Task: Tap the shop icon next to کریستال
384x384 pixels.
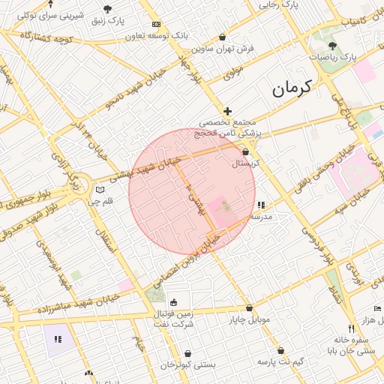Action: [245, 151]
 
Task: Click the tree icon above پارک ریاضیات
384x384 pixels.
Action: [332, 46]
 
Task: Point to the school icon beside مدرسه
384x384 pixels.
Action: [261, 205]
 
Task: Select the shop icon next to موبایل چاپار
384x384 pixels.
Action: [249, 307]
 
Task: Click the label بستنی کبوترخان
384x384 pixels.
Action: [187, 364]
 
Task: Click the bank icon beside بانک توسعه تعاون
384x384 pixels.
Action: [156, 24]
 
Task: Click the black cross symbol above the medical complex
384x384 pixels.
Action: [228, 111]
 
